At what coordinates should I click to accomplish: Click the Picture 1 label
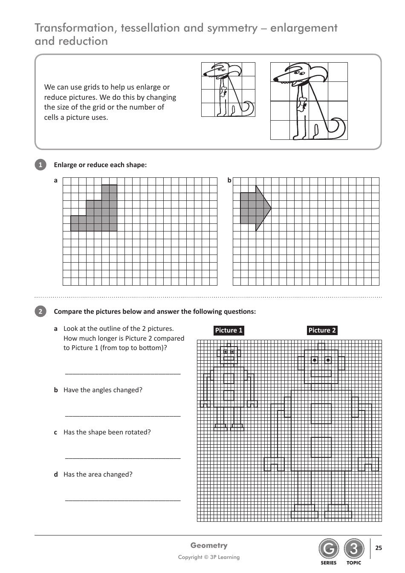click(229, 330)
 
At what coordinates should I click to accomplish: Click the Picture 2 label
click(322, 330)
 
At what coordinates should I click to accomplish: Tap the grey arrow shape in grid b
click(254, 208)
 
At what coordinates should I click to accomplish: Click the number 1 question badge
click(40, 165)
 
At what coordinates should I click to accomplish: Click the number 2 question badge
click(40, 312)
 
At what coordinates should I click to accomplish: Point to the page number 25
click(379, 548)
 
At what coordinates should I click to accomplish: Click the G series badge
click(328, 549)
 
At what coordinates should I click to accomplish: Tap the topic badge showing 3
click(354, 549)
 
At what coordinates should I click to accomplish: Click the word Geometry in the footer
click(209, 545)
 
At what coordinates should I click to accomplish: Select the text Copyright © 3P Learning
click(209, 557)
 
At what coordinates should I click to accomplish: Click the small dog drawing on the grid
click(228, 90)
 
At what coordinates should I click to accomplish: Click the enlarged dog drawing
click(309, 101)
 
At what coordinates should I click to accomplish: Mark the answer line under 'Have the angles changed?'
click(123, 416)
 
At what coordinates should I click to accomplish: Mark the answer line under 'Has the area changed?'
click(123, 501)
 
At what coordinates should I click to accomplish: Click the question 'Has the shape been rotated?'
click(107, 432)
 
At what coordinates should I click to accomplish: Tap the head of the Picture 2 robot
click(321, 365)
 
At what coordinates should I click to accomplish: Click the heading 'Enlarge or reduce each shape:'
click(100, 165)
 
